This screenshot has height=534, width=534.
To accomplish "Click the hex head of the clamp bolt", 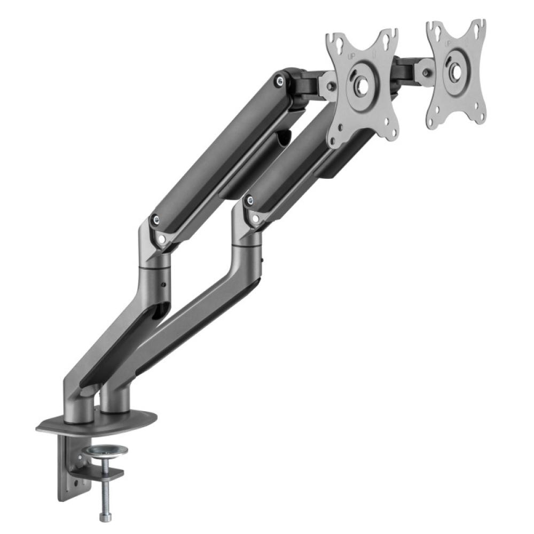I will (103, 515).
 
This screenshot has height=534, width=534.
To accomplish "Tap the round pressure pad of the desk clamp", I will (105, 451).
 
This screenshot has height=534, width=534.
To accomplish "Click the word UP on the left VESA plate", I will (351, 56).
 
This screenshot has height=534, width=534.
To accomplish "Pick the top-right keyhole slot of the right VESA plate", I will (481, 26).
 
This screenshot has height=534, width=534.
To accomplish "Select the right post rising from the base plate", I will (113, 400).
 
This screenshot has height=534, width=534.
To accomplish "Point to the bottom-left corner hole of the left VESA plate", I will (335, 140).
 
